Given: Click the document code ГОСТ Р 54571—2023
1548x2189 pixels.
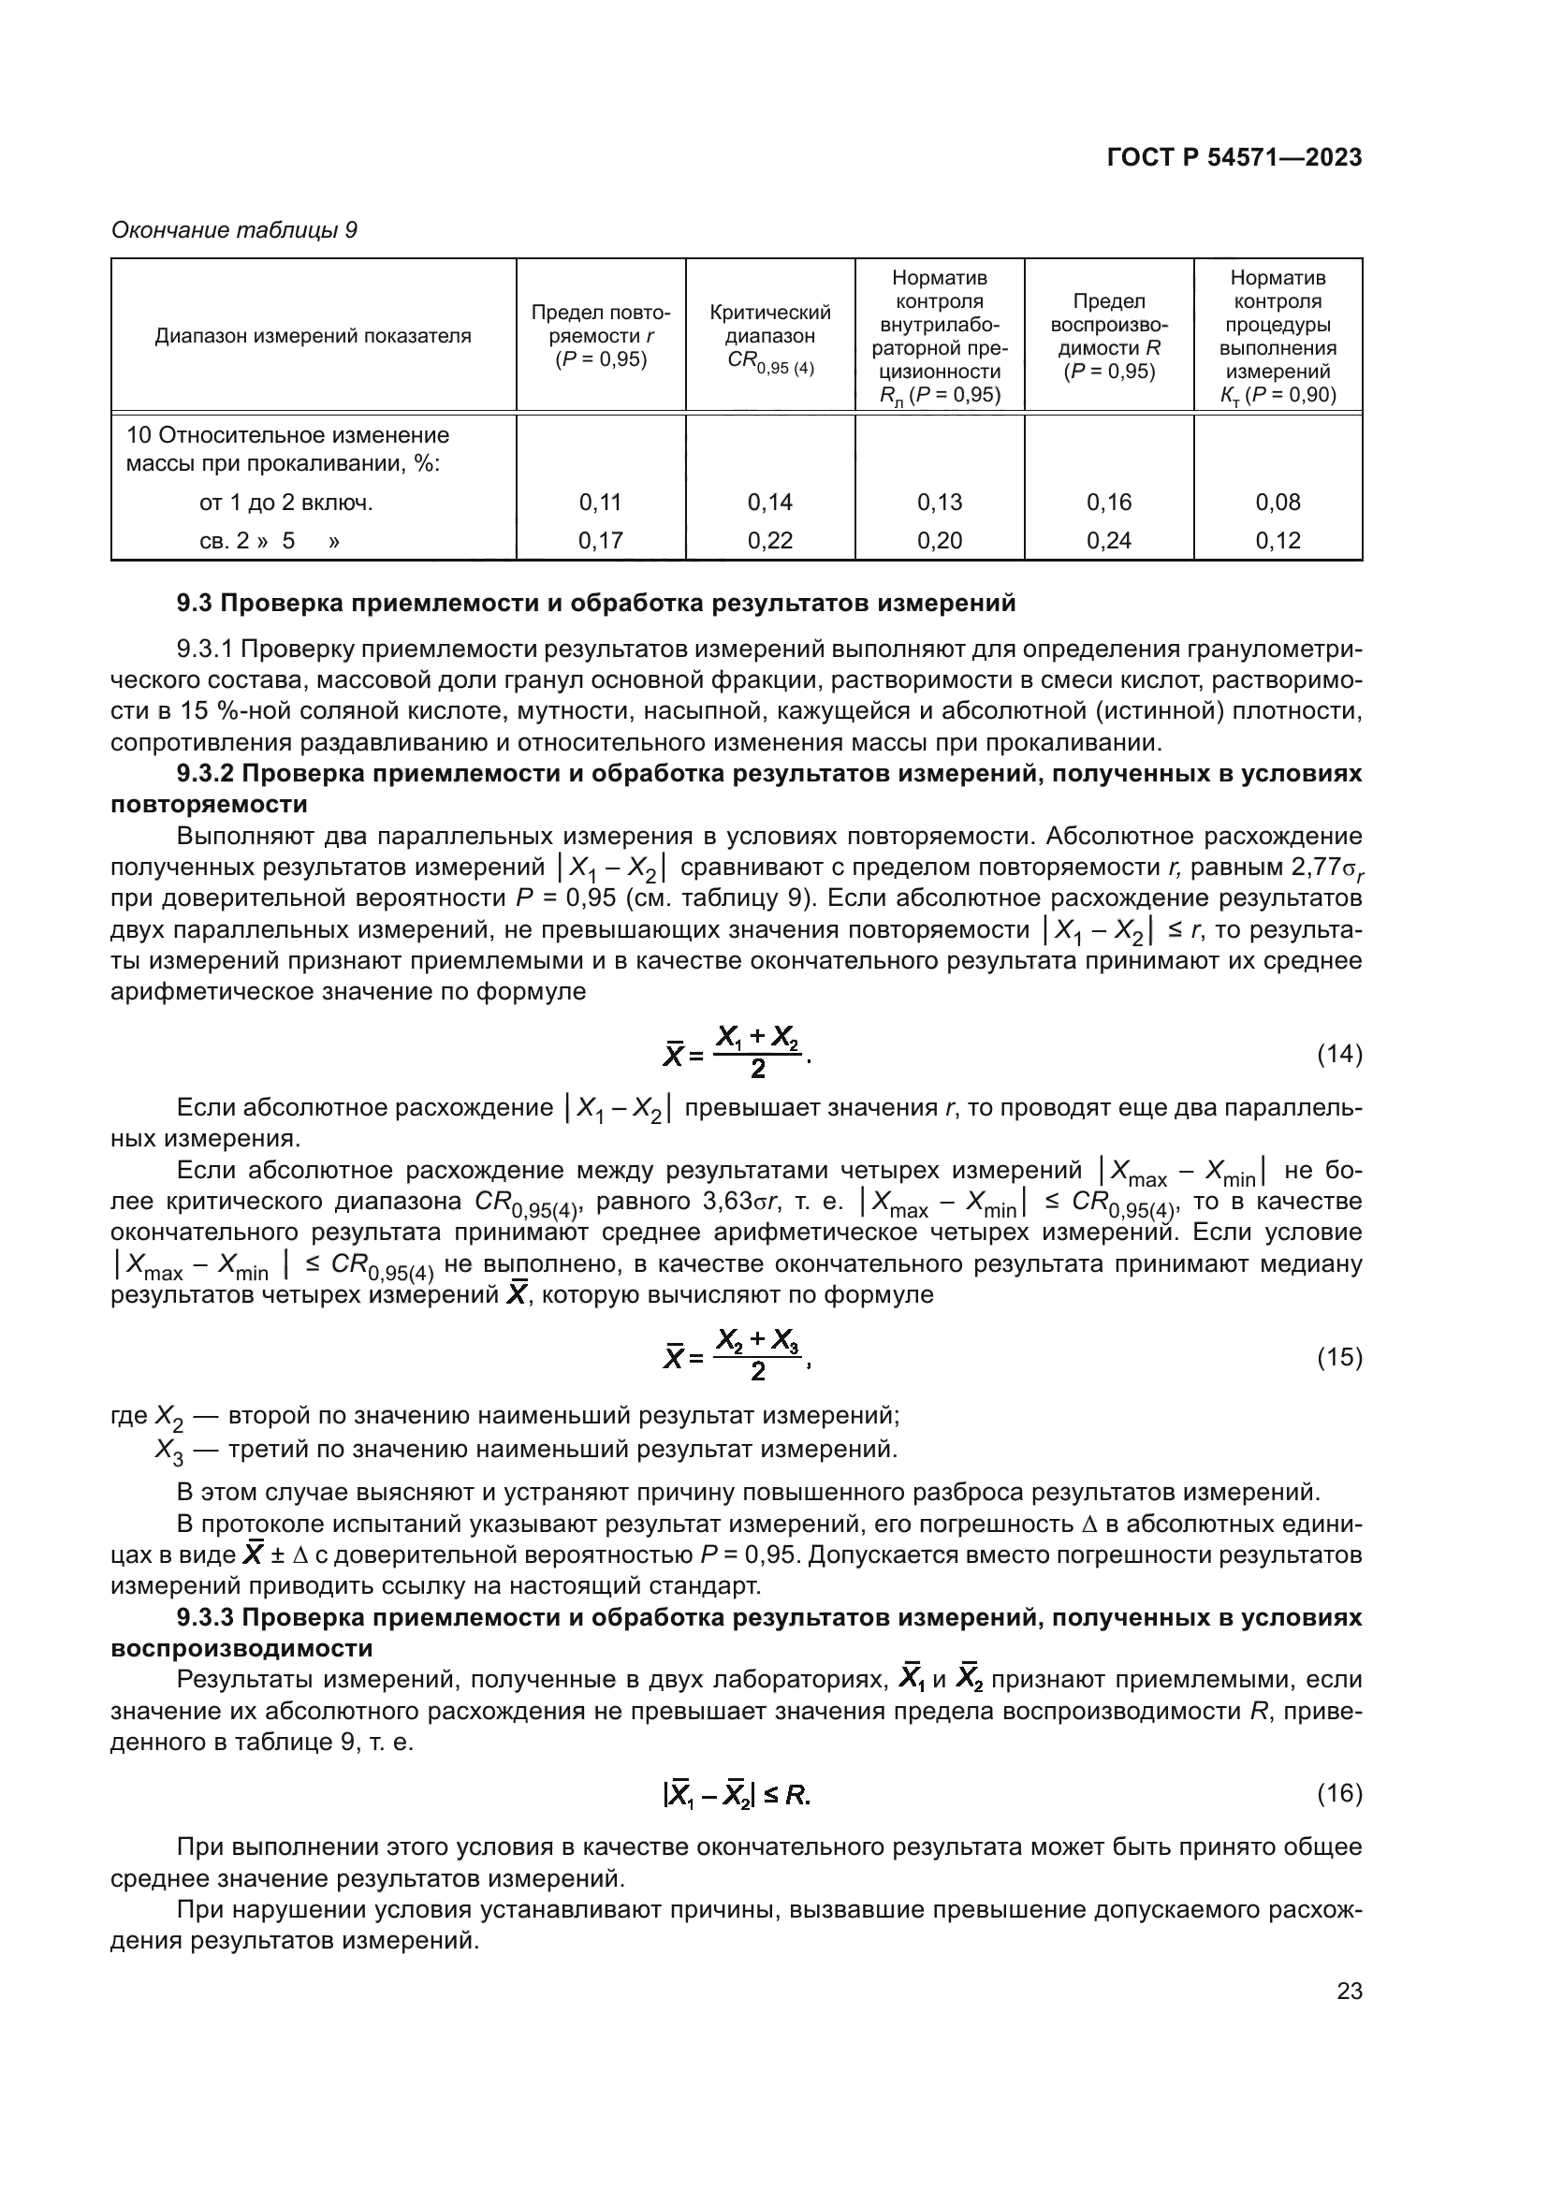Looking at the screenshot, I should pyautogui.click(x=1234, y=157).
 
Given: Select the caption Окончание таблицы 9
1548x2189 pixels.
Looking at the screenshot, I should pyautogui.click(x=235, y=230).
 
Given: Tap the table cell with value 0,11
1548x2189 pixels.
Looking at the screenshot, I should pyautogui.click(x=601, y=503).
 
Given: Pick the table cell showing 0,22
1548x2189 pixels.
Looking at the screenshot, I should pyautogui.click(x=770, y=541).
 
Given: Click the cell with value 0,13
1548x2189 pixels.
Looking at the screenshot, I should pyautogui.click(x=940, y=503).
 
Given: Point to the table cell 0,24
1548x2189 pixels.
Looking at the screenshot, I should pyautogui.click(x=1108, y=541).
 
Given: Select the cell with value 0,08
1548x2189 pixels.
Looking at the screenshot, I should pyautogui.click(x=1278, y=503).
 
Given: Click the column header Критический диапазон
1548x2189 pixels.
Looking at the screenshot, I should pyautogui.click(x=770, y=325).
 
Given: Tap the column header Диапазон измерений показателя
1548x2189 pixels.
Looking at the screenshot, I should pyautogui.click(x=313, y=336).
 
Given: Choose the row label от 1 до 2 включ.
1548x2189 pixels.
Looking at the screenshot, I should pyautogui.click(x=286, y=503).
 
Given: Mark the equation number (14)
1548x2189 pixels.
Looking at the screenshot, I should pyautogui.click(x=1339, y=1055).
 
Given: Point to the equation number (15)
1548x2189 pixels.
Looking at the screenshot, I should pyautogui.click(x=1339, y=1357).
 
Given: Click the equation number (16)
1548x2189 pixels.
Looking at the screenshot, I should pyautogui.click(x=1339, y=1794).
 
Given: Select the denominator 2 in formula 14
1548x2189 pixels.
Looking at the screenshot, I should pyautogui.click(x=758, y=1070).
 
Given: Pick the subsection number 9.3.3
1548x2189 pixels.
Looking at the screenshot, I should pyautogui.click(x=207, y=1618).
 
